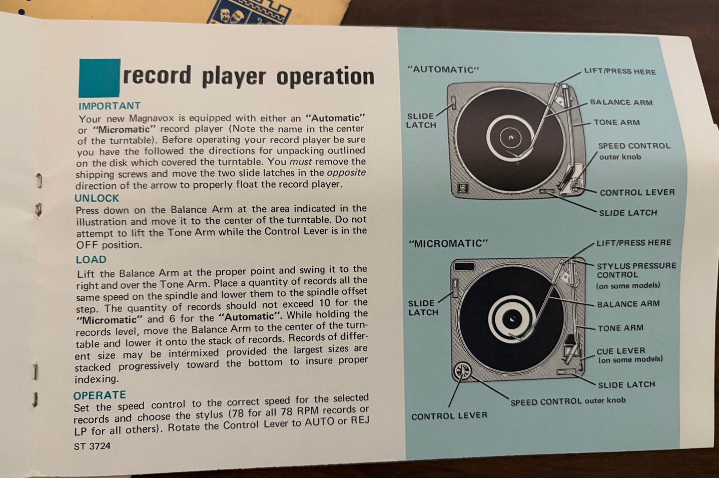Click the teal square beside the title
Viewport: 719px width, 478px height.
click(x=100, y=78)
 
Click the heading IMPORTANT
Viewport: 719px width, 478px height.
click(x=109, y=106)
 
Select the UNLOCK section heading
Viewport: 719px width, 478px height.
click(x=97, y=198)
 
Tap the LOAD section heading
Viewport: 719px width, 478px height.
click(x=91, y=259)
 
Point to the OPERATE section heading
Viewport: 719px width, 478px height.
click(x=100, y=395)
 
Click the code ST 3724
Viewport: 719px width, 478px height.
click(x=92, y=446)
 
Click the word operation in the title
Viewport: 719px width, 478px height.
click(x=325, y=77)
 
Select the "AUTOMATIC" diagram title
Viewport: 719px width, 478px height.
click(x=443, y=70)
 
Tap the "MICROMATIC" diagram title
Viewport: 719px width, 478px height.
click(x=448, y=244)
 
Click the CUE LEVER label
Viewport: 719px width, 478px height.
click(x=620, y=351)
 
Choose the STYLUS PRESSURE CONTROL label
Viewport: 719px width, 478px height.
click(x=636, y=270)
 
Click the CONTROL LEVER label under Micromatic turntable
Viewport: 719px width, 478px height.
click(x=449, y=416)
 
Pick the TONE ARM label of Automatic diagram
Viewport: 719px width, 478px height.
click(x=616, y=123)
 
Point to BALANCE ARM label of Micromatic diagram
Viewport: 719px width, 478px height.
click(x=628, y=304)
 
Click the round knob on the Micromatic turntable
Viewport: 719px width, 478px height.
click(x=462, y=371)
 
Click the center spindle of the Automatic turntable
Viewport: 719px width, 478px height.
click(x=511, y=138)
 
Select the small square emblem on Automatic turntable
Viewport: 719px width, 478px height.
click(x=462, y=188)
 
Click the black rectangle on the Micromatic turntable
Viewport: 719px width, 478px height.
click(x=464, y=266)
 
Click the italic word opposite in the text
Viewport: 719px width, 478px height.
click(x=346, y=173)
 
